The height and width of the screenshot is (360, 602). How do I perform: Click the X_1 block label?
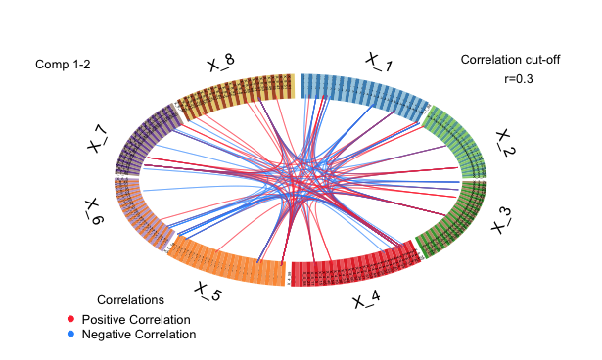[380, 63]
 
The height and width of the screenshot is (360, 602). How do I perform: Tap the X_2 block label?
[505, 143]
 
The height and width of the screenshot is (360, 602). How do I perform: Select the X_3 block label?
[501, 220]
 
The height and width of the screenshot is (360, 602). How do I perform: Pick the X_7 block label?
[98, 138]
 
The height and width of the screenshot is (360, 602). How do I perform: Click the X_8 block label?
[220, 64]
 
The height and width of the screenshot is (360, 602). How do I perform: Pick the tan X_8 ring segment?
[235, 91]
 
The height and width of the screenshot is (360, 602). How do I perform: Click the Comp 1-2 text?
[64, 65]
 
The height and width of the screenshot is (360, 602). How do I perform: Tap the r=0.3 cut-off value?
[518, 79]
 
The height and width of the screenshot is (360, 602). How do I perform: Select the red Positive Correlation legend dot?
[70, 320]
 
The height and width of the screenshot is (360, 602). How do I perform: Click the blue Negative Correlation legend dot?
[70, 335]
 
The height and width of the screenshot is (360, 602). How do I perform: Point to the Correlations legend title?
[131, 299]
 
